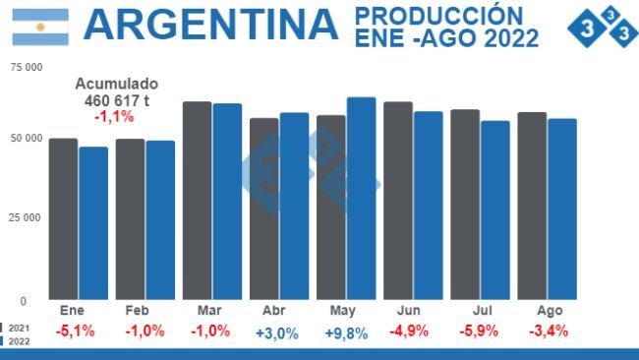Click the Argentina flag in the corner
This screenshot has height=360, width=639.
click(x=40, y=27)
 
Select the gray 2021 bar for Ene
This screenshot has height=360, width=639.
click(x=63, y=218)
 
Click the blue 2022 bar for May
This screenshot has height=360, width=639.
click(x=361, y=198)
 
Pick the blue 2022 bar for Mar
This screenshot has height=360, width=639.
click(x=227, y=202)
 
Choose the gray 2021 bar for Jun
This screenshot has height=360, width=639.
click(x=398, y=201)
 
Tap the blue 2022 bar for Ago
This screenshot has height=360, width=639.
click(x=561, y=209)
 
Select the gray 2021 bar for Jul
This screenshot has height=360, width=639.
click(x=465, y=205)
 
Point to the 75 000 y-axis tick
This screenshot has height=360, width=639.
click(x=26, y=68)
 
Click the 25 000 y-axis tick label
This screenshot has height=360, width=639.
click(x=26, y=217)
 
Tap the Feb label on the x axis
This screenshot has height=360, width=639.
click(x=137, y=310)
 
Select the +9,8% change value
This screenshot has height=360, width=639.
click(x=346, y=332)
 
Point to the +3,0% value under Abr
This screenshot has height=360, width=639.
click(x=276, y=332)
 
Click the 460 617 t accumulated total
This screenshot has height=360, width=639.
click(x=115, y=100)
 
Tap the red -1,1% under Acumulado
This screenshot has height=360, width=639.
click(x=114, y=116)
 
